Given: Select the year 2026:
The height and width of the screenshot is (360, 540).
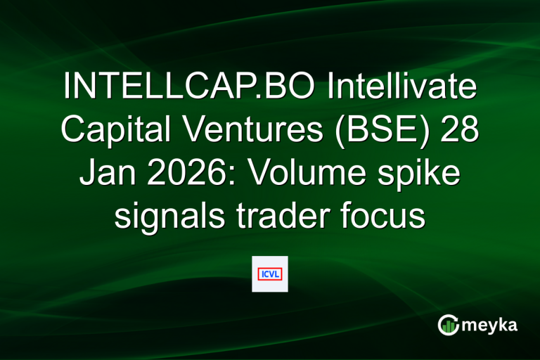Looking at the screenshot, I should click(x=189, y=174).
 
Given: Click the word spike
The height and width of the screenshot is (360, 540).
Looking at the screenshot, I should click(x=426, y=174).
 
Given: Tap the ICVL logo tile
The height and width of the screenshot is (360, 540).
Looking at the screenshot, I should click(x=270, y=274).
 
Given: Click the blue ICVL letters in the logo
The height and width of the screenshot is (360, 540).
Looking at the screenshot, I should click(x=270, y=274).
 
